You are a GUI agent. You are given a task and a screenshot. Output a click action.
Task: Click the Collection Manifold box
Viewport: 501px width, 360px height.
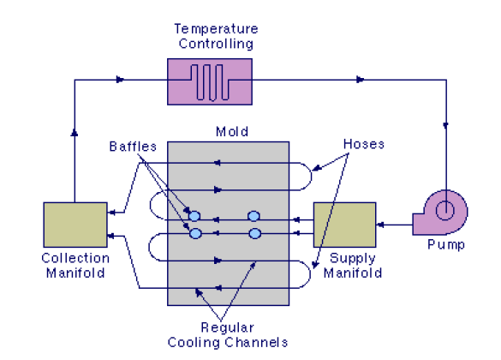tap(75, 225)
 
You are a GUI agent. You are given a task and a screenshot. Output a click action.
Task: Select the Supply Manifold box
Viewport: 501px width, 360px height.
tap(345, 225)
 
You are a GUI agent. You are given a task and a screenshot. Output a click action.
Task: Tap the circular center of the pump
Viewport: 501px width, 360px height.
tap(444, 210)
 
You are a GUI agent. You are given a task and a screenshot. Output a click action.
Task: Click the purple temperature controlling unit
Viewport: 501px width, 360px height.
tap(210, 81)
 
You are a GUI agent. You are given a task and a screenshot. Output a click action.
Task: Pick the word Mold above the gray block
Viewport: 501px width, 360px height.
tap(232, 131)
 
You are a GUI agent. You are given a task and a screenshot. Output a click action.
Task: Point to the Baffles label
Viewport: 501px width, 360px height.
tap(133, 147)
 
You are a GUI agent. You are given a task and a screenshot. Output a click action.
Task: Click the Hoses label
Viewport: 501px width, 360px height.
tap(364, 144)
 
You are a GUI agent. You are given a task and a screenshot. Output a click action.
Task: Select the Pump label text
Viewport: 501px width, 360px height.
tap(446, 245)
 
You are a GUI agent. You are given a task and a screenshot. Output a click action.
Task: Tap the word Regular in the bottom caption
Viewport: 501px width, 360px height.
tap(227, 327)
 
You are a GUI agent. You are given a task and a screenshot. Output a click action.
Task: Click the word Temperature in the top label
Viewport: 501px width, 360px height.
tap(216, 29)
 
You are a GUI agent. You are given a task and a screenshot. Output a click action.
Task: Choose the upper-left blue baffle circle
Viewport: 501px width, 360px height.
tap(194, 216)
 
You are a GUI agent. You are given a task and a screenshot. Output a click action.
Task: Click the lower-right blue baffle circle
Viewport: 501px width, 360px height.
tap(254, 233)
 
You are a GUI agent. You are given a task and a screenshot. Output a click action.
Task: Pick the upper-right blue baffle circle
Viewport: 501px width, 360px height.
tap(253, 216)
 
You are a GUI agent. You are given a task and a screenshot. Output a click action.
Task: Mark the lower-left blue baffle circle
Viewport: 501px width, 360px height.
tap(195, 233)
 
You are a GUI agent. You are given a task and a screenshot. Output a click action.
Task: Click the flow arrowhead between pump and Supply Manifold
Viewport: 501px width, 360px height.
tap(380, 225)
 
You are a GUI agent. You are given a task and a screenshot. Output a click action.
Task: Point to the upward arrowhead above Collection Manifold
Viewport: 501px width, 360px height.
tap(75, 132)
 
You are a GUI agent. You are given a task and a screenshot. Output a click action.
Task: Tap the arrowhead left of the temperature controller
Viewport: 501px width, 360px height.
tap(120, 80)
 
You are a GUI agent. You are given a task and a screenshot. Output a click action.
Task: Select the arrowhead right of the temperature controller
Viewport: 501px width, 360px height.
tap(360, 80)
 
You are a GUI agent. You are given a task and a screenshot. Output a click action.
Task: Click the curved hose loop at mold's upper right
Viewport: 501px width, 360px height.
tap(311, 177)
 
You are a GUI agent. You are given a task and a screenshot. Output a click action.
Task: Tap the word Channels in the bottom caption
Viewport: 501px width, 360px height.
tap(256, 342)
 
